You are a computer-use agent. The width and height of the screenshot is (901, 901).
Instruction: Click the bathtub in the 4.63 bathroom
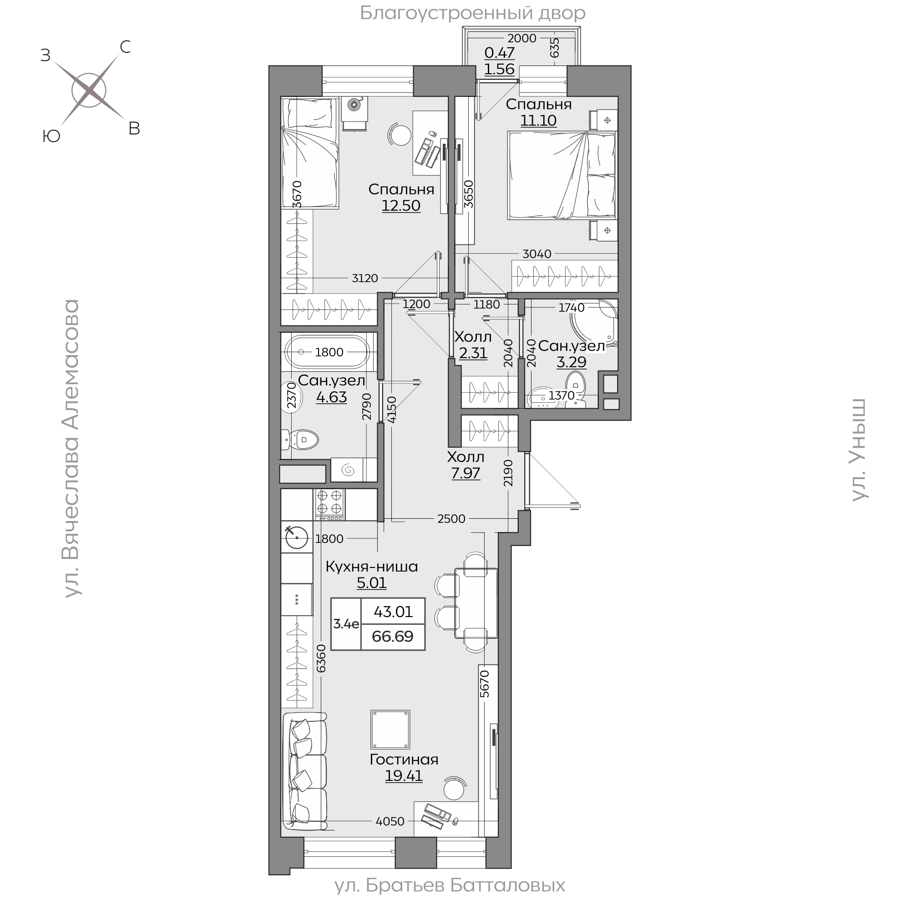(x=328, y=352)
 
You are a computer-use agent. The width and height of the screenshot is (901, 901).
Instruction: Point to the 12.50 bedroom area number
(x=401, y=206)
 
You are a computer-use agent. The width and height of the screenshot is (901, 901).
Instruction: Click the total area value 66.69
(x=393, y=636)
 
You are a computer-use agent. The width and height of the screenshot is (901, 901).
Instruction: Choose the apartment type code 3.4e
(x=346, y=623)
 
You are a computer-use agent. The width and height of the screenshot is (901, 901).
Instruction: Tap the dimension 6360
(x=321, y=658)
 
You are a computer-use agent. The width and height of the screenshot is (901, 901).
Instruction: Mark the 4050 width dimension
(x=390, y=834)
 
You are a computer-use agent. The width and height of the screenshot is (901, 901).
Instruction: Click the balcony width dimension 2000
(x=522, y=38)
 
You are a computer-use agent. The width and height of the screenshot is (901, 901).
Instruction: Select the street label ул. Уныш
(x=859, y=450)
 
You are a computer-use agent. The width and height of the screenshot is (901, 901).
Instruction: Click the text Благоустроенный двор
(x=472, y=13)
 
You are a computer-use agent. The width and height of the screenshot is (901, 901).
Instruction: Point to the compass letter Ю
(x=51, y=136)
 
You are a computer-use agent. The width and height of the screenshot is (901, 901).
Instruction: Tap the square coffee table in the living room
(x=390, y=730)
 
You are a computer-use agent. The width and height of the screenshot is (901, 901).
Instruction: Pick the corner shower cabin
(x=594, y=322)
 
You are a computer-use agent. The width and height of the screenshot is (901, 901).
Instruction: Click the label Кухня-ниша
(x=372, y=567)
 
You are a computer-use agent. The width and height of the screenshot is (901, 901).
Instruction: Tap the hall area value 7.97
(x=466, y=473)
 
